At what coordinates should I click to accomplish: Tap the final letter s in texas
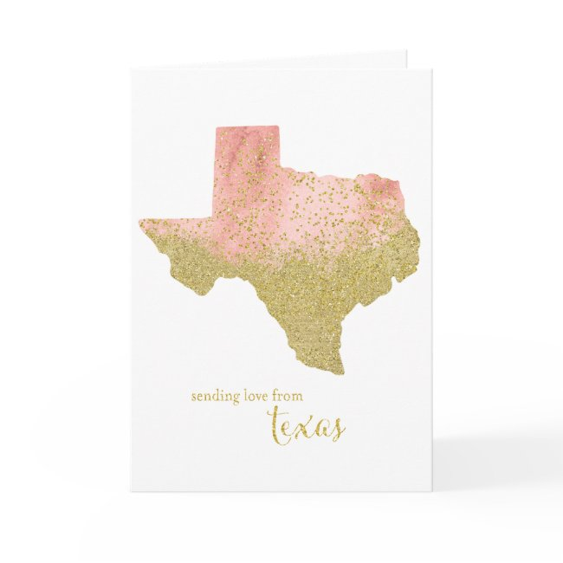(337, 428)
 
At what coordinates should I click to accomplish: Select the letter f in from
(276, 395)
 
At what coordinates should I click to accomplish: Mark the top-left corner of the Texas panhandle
(216, 128)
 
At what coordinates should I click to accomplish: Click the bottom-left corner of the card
(132, 490)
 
